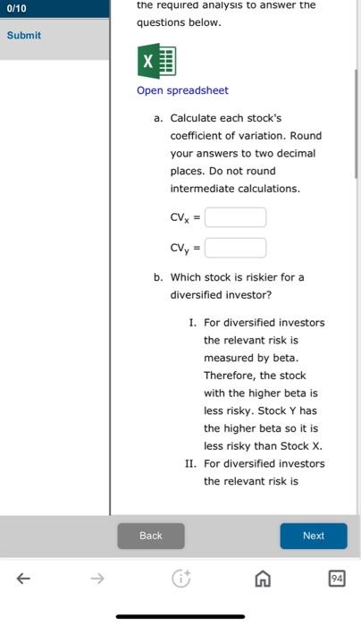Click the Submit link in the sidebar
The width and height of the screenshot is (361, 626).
24,35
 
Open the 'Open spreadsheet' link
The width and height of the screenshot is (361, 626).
182,90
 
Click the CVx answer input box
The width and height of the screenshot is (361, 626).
235,217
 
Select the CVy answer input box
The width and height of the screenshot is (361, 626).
235,248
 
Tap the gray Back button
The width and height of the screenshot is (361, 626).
151,536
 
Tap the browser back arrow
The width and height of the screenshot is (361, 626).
22,579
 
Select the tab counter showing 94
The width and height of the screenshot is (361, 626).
336,579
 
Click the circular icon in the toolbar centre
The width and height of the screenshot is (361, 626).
181,579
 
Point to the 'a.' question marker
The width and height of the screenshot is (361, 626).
158,118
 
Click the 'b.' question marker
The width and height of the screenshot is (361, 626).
158,277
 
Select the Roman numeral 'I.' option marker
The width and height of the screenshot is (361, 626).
193,323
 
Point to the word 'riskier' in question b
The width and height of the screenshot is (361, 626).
253,277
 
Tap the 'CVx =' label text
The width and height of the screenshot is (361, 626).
185,217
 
